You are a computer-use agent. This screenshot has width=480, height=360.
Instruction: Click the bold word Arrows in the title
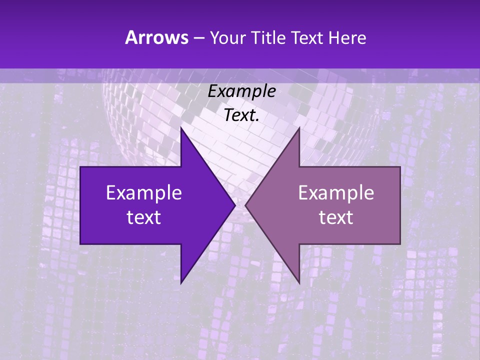[156, 37]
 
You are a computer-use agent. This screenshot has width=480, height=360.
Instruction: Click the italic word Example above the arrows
[241, 91]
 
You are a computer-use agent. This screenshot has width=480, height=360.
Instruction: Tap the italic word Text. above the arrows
[241, 115]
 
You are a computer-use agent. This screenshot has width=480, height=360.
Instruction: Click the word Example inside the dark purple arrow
[144, 193]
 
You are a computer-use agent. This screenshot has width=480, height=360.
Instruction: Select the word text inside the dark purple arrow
[144, 217]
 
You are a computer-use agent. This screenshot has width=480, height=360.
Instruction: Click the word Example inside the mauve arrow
[336, 193]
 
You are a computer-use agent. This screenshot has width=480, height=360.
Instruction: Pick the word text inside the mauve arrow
[336, 217]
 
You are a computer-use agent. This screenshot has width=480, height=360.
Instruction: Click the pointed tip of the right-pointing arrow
[235, 205]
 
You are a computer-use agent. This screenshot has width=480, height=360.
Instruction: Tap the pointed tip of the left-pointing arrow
[245, 205]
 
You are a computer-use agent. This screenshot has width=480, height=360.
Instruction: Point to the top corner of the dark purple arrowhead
[181, 128]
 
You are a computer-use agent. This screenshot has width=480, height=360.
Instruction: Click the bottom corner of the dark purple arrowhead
[181, 283]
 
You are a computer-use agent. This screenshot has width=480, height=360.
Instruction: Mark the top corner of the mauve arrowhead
[299, 128]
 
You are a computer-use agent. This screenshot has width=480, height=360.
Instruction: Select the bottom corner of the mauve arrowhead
[299, 283]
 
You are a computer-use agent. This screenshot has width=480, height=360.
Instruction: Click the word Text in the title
[307, 38]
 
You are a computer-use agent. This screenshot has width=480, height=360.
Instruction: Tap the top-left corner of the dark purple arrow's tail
[80, 167]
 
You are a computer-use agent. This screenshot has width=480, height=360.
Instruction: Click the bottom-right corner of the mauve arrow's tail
[400, 243]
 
